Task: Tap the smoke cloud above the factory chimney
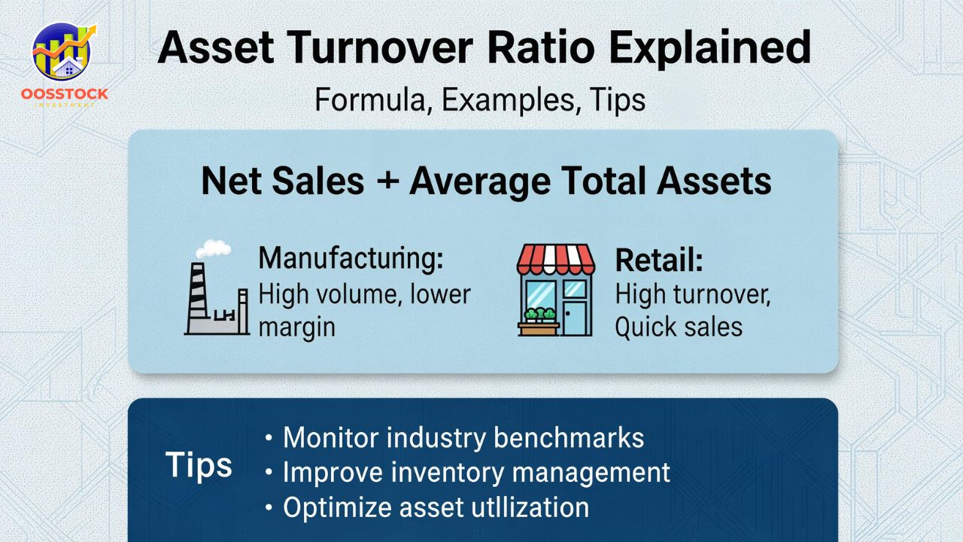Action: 213,248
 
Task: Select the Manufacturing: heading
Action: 351,259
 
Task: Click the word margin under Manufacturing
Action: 296,327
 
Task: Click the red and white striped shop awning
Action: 555,259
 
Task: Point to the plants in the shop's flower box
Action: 539,315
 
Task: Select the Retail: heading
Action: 658,260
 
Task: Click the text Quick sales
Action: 679,327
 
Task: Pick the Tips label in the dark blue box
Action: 199,466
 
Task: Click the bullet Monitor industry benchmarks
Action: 463,437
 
